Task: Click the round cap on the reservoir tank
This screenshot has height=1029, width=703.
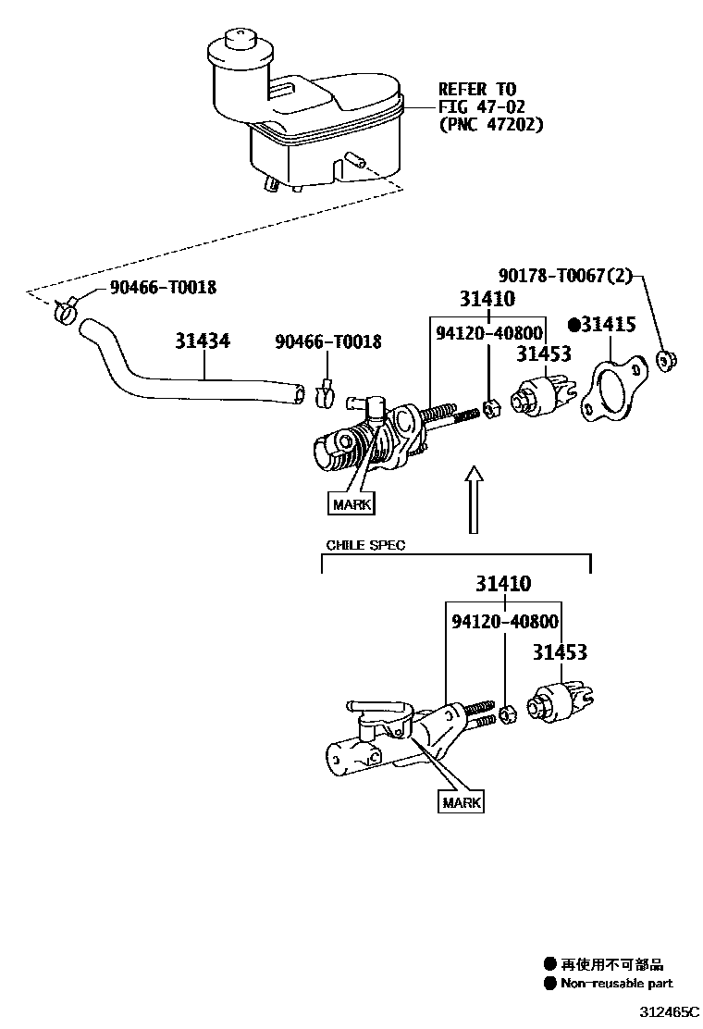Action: click(x=236, y=45)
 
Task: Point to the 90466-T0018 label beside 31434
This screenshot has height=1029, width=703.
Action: click(x=327, y=342)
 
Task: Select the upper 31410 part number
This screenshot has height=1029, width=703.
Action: click(x=487, y=299)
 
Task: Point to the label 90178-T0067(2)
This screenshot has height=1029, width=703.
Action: click(x=565, y=275)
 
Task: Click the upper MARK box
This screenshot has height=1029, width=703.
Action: click(x=351, y=504)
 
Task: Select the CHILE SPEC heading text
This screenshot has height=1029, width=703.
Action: click(x=365, y=545)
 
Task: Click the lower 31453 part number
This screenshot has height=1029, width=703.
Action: click(x=559, y=653)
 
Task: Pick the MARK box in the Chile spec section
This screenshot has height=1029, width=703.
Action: click(x=461, y=802)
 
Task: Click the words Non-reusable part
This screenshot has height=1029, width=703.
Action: click(x=617, y=984)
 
